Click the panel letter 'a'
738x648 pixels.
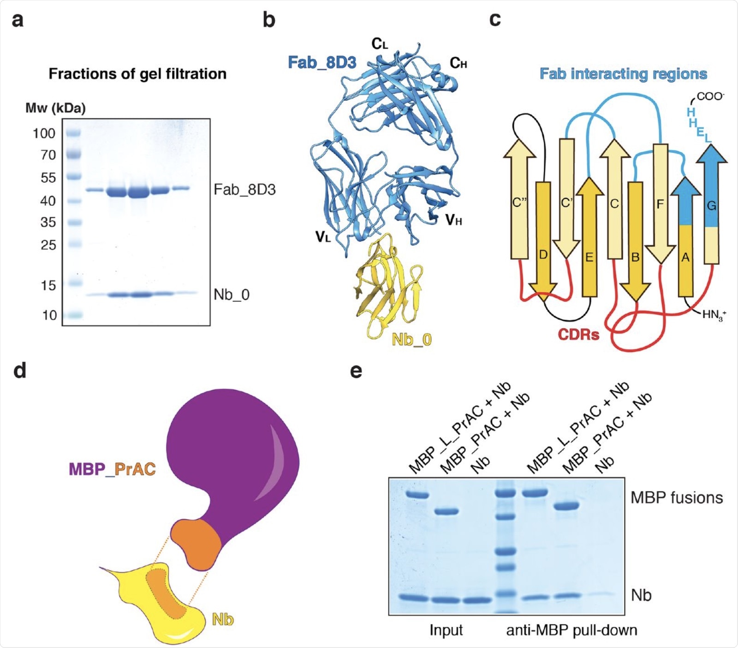[x=18, y=21]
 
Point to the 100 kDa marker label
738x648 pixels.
[x=44, y=133]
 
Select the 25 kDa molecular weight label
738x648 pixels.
[x=48, y=245]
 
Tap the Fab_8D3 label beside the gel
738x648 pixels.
[x=244, y=190]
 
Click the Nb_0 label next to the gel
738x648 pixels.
[x=232, y=294]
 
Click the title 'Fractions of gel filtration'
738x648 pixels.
[x=137, y=74]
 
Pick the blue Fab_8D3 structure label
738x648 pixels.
[x=322, y=62]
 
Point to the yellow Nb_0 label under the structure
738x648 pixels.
[x=411, y=340]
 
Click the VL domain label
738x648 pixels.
[x=323, y=237]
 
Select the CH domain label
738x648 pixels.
[x=458, y=63]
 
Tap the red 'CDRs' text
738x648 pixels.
[x=578, y=334]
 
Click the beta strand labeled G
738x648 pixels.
[x=712, y=205]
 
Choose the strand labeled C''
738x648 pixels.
[x=520, y=203]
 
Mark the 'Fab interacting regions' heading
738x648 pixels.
[x=623, y=74]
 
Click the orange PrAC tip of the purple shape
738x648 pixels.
[x=196, y=543]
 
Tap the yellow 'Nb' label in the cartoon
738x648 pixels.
[x=222, y=619]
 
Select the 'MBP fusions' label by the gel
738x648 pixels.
[x=677, y=498]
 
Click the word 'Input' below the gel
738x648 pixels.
[x=446, y=630]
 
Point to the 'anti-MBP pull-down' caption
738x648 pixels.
[x=571, y=630]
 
